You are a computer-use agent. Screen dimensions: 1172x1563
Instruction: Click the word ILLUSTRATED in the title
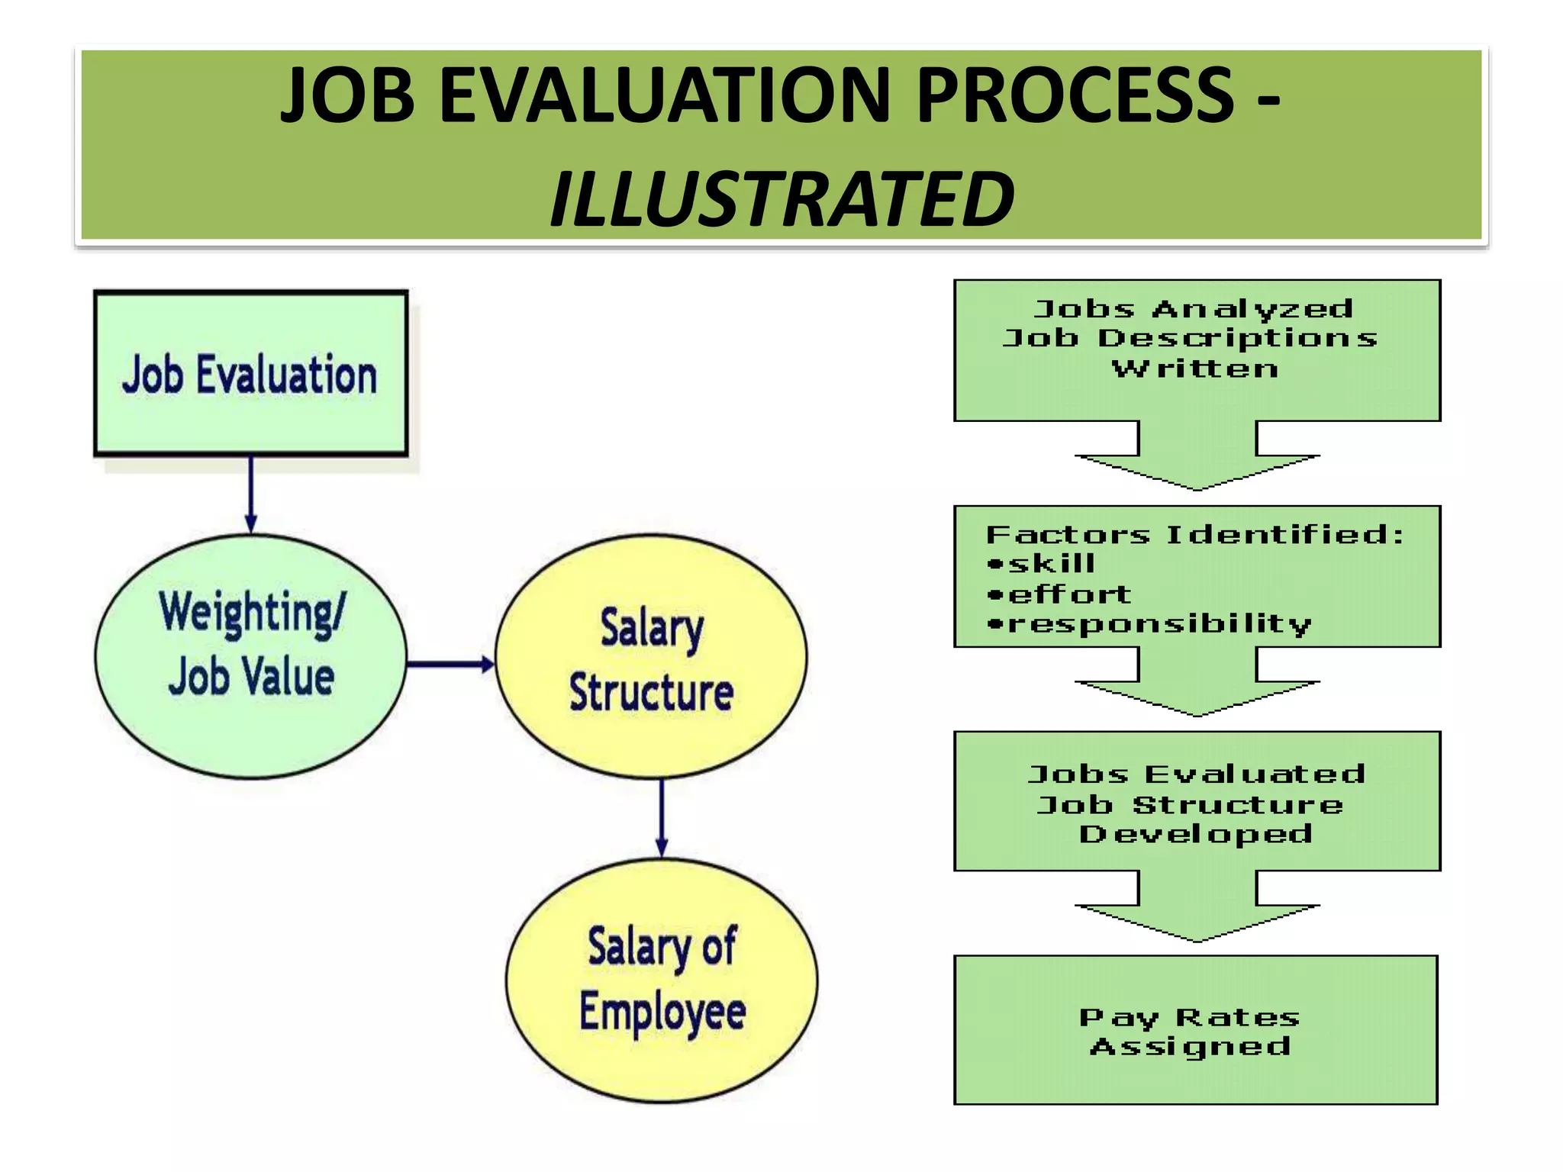pyautogui.click(x=781, y=199)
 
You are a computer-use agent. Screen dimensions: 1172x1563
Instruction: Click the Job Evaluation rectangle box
pyautogui.click(x=250, y=374)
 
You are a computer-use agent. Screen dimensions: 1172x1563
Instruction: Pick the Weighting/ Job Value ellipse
pyautogui.click(x=250, y=656)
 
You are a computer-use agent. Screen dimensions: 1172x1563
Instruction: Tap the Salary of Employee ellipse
pyautogui.click(x=662, y=980)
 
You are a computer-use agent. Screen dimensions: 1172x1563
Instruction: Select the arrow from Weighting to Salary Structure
pyautogui.click(x=450, y=664)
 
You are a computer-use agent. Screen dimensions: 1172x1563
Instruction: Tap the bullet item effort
pyautogui.click(x=1068, y=594)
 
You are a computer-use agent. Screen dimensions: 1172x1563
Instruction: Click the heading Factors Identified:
pyautogui.click(x=1194, y=534)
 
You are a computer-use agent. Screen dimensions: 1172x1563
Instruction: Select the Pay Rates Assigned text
pyautogui.click(x=1191, y=1032)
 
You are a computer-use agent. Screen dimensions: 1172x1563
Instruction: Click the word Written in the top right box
pyautogui.click(x=1194, y=369)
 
